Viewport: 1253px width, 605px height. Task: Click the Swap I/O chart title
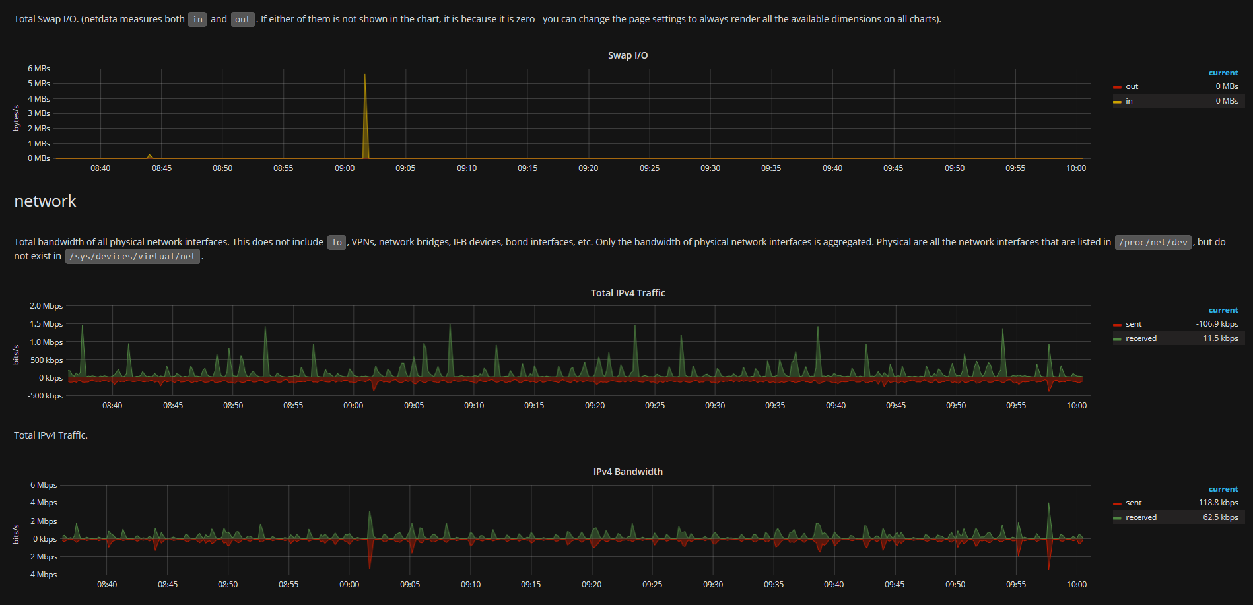coord(628,55)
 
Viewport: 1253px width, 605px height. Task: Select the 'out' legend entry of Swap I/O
coord(1132,86)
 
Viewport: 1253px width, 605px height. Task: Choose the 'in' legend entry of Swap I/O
coord(1129,101)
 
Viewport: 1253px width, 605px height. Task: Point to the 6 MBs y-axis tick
coord(39,69)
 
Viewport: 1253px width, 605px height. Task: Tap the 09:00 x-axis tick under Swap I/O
coord(345,168)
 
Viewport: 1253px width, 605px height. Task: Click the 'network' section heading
coord(45,201)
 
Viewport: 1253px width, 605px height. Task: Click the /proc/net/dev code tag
coord(1153,242)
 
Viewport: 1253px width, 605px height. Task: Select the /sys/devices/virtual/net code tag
coord(133,256)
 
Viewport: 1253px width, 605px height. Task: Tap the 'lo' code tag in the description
coord(337,242)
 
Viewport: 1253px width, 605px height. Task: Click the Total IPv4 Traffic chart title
coord(628,293)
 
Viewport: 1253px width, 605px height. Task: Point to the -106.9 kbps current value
coord(1217,324)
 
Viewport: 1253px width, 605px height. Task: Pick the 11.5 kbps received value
coord(1220,338)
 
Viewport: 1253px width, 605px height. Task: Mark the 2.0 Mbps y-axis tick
coord(46,306)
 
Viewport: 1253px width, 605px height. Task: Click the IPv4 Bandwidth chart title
coord(628,472)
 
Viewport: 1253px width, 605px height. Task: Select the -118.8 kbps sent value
coord(1217,503)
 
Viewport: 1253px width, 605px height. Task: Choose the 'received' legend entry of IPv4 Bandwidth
coord(1141,517)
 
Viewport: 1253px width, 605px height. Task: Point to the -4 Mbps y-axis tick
coord(43,575)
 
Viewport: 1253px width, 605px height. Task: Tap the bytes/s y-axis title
coord(17,118)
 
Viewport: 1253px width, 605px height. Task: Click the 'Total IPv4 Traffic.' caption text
coord(51,435)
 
